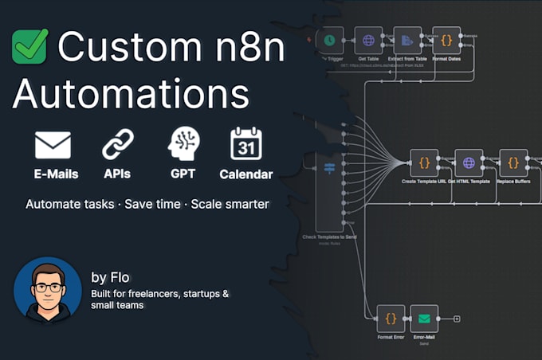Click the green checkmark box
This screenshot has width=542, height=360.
[30, 46]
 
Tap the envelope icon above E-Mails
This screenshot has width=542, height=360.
[53, 145]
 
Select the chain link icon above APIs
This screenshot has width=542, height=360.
[118, 145]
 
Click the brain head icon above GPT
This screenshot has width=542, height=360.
[183, 144]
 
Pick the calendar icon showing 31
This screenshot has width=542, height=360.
[246, 143]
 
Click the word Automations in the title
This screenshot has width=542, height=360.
[131, 94]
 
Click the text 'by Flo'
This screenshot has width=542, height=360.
[110, 277]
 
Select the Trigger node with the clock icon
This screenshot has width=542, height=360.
[329, 40]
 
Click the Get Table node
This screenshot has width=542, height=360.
[368, 40]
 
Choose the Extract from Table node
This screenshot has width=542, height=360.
[406, 40]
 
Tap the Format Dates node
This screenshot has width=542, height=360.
[446, 40]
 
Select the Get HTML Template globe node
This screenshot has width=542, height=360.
[469, 162]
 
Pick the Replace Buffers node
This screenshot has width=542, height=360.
[513, 162]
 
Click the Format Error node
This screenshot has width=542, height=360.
[391, 319]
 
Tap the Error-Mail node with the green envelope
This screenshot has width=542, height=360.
[424, 319]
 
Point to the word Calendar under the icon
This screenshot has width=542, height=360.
[246, 174]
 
